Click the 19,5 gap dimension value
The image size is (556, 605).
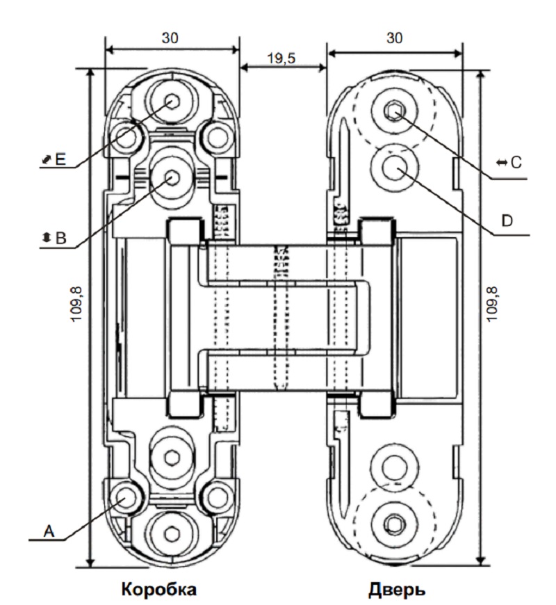click(282, 58)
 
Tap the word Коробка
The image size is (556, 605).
click(159, 590)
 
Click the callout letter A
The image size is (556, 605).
click(49, 531)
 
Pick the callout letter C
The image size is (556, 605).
click(516, 162)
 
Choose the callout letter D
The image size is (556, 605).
click(507, 220)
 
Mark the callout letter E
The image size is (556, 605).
click(59, 160)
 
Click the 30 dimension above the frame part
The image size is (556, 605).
click(170, 39)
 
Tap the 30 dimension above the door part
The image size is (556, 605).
click(395, 39)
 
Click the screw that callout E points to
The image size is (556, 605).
click(172, 101)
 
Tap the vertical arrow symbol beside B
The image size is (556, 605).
click(46, 237)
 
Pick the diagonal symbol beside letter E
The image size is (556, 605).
click(45, 160)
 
